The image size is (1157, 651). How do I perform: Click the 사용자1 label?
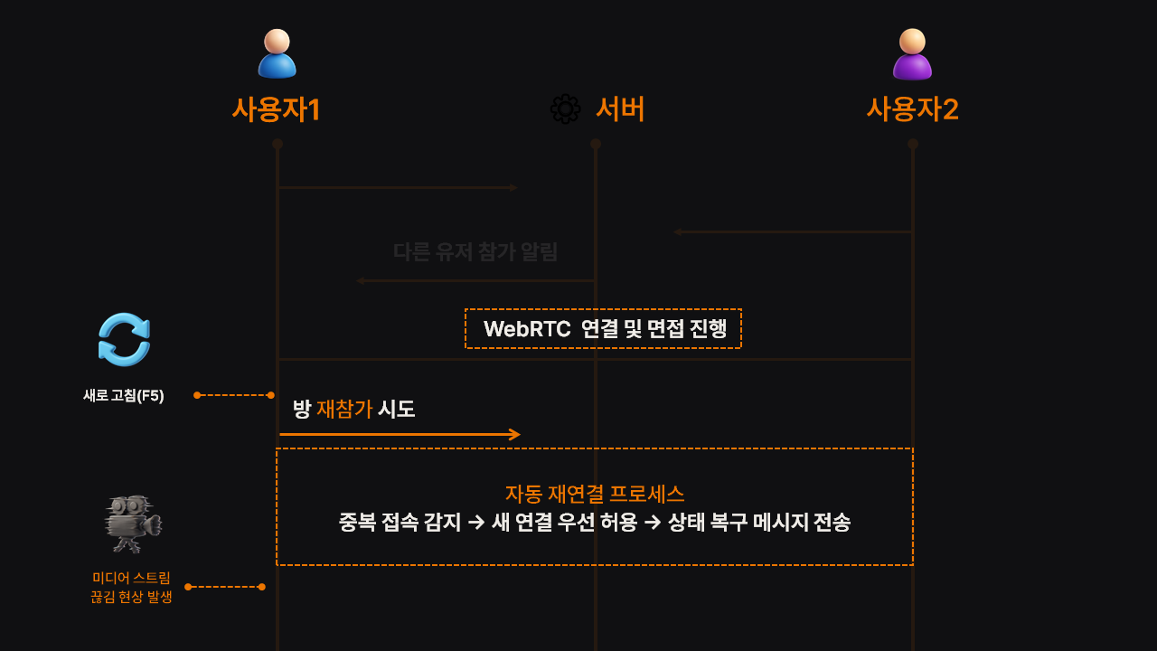pos(277,109)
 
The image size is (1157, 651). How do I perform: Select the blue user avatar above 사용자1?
pos(277,54)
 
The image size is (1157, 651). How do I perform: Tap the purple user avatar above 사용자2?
pos(912,54)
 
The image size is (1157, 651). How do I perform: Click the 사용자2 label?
pos(912,109)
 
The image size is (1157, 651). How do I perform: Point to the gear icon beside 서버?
pos(565,109)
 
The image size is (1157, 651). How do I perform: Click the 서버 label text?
pos(620,109)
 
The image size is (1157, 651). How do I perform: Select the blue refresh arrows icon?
pos(124,340)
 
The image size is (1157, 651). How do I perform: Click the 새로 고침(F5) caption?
pos(124,395)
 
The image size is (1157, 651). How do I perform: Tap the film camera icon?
pos(132,524)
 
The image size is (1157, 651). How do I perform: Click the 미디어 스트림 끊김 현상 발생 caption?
pos(131,587)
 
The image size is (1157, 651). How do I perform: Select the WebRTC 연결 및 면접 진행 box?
pos(603,329)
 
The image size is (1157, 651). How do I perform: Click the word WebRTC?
pos(526,329)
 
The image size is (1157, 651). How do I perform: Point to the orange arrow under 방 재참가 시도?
pos(400,435)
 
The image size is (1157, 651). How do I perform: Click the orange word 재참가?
pos(344,409)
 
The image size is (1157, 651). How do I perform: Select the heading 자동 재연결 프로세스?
pos(595,494)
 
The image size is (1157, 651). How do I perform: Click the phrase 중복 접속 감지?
pos(400,522)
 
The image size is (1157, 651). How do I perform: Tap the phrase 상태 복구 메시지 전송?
pos(759,522)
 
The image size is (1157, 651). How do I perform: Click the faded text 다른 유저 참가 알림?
pos(475,251)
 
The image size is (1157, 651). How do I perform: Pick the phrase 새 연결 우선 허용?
pos(564,522)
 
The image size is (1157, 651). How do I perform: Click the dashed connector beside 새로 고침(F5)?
pos(233,395)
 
